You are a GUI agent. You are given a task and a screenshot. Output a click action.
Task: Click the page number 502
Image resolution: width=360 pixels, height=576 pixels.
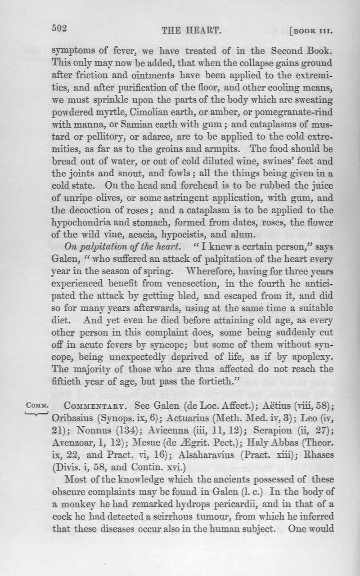point(59,28)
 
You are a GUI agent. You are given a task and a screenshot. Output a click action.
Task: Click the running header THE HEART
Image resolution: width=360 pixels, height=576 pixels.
point(185,31)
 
